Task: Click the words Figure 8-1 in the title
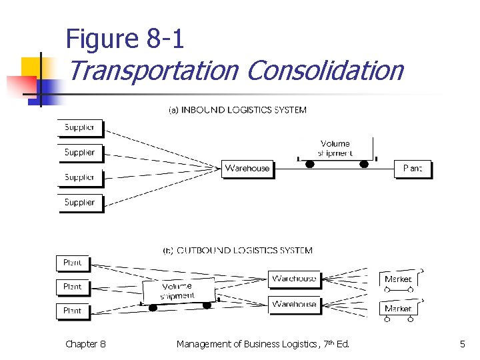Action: (x=125, y=39)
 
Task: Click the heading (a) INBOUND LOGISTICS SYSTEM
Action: (x=237, y=110)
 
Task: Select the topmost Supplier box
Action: (x=79, y=127)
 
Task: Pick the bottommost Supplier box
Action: (x=79, y=202)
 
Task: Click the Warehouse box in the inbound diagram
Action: (x=247, y=168)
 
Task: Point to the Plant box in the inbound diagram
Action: (x=413, y=169)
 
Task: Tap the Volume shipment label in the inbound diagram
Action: (x=335, y=148)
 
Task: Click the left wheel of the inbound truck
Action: (x=310, y=164)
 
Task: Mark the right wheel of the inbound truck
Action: (x=363, y=164)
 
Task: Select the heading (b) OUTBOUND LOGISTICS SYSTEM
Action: (x=238, y=251)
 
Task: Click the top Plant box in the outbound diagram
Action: (x=72, y=263)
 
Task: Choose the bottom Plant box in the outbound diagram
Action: (x=72, y=311)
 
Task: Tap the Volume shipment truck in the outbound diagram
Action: (x=179, y=291)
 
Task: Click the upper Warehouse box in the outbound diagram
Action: (x=294, y=279)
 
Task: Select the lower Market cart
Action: (x=398, y=309)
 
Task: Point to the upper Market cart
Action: (x=398, y=279)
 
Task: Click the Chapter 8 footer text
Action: (x=85, y=344)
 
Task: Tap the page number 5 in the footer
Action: (x=462, y=344)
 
